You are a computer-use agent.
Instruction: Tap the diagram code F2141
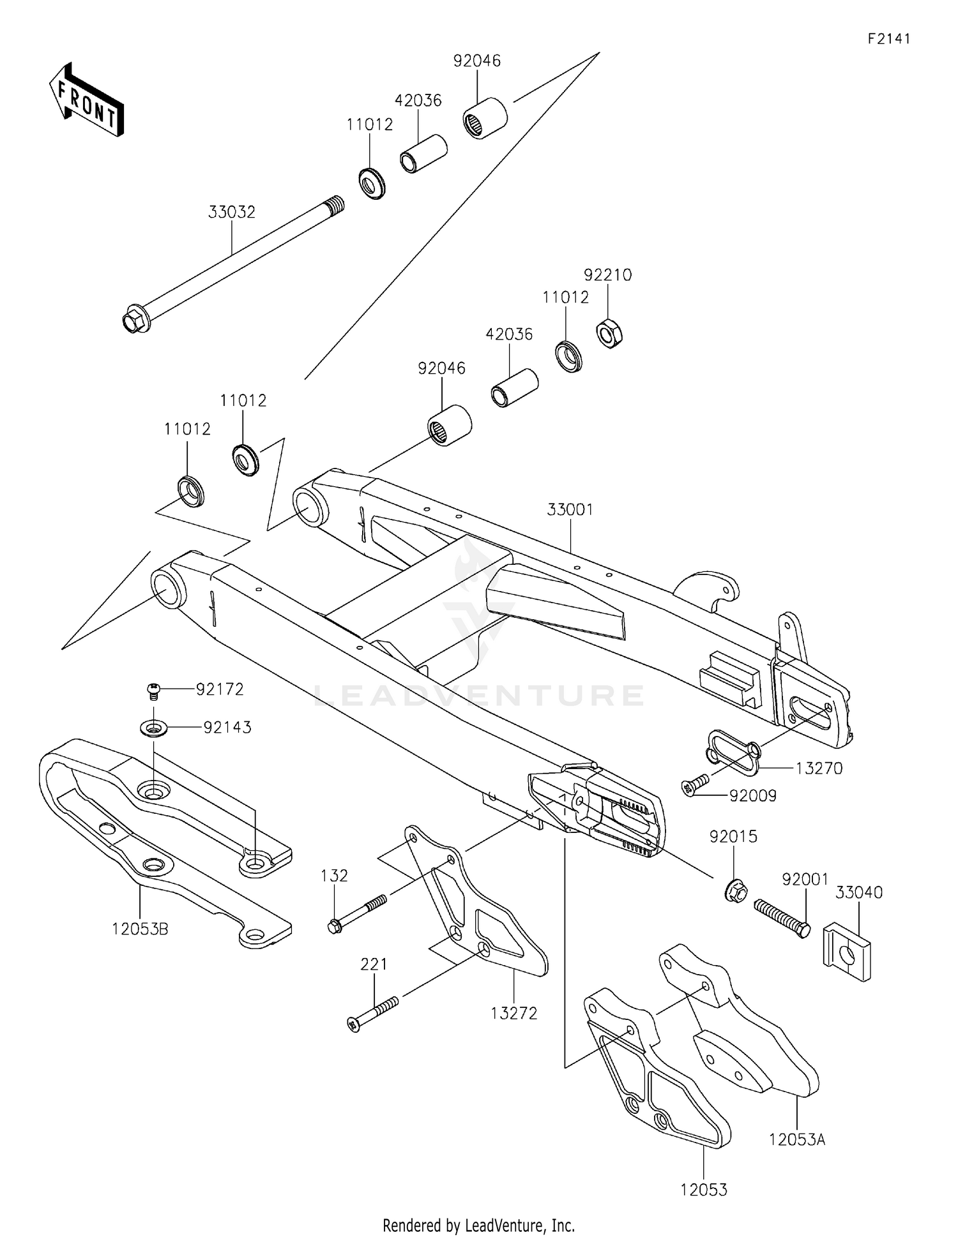point(888,39)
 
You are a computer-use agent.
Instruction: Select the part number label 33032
point(231,212)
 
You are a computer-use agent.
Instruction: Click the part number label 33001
point(570,509)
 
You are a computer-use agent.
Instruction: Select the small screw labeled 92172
point(153,689)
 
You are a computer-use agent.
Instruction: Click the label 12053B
point(140,929)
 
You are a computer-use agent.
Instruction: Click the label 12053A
point(797,1139)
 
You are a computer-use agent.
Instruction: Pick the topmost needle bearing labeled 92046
point(485,117)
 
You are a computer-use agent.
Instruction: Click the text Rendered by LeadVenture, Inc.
point(478,1225)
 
